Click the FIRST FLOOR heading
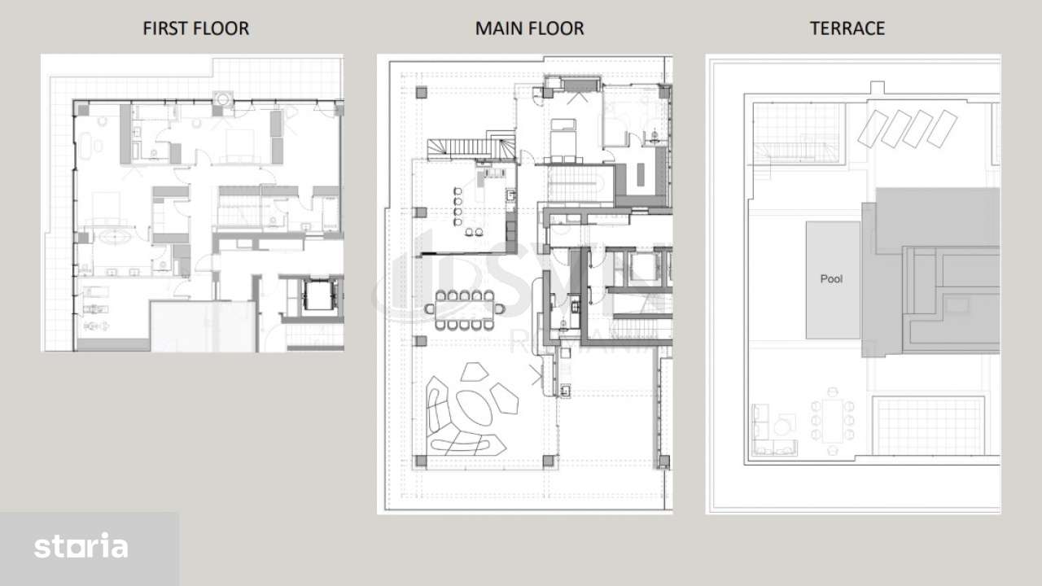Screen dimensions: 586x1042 pyautogui.click(x=195, y=28)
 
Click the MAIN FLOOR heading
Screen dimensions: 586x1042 pyautogui.click(x=529, y=28)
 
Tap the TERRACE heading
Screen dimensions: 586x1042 pyautogui.click(x=847, y=28)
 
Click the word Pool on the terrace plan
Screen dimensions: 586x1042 pyautogui.click(x=831, y=279)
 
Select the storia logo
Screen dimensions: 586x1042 pyautogui.click(x=81, y=547)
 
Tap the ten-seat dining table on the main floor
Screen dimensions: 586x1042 pyautogui.click(x=464, y=310)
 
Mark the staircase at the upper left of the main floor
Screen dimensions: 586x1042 pyautogui.click(x=471, y=148)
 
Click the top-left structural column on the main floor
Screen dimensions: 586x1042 pyautogui.click(x=420, y=93)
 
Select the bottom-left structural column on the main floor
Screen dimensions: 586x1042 pyautogui.click(x=420, y=461)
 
